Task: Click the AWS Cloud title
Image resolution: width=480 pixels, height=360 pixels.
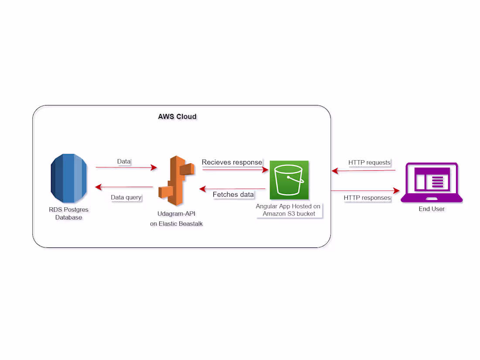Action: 177,117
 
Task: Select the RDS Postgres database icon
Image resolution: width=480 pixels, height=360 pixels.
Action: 69,178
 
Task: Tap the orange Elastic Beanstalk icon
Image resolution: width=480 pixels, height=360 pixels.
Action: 176,180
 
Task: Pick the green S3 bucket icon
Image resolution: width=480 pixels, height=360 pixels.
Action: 289,180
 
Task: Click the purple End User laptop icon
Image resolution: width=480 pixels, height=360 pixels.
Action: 431,182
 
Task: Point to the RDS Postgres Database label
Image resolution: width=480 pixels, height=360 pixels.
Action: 69,213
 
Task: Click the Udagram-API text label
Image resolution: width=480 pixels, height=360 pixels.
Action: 176,214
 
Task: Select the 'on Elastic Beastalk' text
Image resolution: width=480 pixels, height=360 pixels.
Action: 176,224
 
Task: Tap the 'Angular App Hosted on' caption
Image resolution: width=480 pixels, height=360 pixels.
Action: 288,206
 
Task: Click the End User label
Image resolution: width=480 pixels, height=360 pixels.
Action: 432,209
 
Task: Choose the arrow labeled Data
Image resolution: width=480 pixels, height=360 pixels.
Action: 126,167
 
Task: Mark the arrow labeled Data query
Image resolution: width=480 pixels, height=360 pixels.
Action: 124,187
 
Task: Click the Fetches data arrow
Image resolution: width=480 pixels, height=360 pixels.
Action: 233,189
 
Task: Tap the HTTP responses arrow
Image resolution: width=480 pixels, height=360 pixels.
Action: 365,191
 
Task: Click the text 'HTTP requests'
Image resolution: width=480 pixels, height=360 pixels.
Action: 369,163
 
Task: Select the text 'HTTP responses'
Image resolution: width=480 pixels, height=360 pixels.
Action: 367,198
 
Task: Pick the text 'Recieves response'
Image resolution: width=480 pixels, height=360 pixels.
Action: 232,162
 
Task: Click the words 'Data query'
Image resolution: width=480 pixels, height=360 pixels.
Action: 126,197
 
